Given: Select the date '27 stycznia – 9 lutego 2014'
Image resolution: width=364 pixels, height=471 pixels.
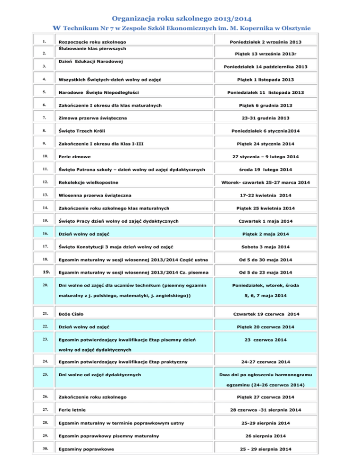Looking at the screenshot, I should (x=268, y=156).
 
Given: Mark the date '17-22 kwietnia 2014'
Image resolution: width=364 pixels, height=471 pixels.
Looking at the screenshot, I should (x=268, y=195).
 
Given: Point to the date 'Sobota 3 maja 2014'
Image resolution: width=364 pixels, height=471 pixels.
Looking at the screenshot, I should (x=268, y=247).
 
